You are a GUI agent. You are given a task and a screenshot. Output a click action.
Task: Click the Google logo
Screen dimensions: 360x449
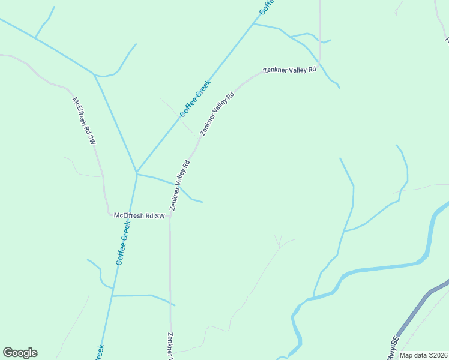[x=20, y=353]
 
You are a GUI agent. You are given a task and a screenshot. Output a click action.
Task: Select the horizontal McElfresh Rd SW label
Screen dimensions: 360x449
[x=139, y=215]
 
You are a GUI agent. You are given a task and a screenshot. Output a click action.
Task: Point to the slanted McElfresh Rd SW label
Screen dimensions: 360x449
[x=84, y=121]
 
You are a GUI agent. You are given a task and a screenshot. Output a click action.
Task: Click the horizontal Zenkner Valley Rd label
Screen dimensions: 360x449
[x=289, y=70]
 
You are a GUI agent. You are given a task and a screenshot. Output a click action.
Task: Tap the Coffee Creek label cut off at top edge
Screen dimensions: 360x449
[x=267, y=7]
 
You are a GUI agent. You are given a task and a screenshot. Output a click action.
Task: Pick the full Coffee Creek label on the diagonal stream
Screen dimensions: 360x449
[x=195, y=98]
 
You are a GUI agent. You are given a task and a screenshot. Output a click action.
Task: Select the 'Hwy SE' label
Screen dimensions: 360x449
[x=393, y=347]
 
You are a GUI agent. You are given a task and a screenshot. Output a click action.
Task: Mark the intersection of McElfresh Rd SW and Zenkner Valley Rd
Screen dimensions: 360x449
[x=170, y=217]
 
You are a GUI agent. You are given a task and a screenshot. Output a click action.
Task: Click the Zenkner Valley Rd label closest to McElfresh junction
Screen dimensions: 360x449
[x=180, y=185]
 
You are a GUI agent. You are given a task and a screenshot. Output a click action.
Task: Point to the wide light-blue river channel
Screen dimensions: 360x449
[x=384, y=267]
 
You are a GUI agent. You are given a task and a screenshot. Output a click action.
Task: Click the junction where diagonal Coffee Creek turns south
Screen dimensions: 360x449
[x=137, y=173]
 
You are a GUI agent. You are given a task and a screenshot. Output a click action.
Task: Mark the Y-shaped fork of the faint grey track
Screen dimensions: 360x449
[x=279, y=245]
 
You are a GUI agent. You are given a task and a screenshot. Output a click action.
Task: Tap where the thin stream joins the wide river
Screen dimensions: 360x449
[x=311, y=297]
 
